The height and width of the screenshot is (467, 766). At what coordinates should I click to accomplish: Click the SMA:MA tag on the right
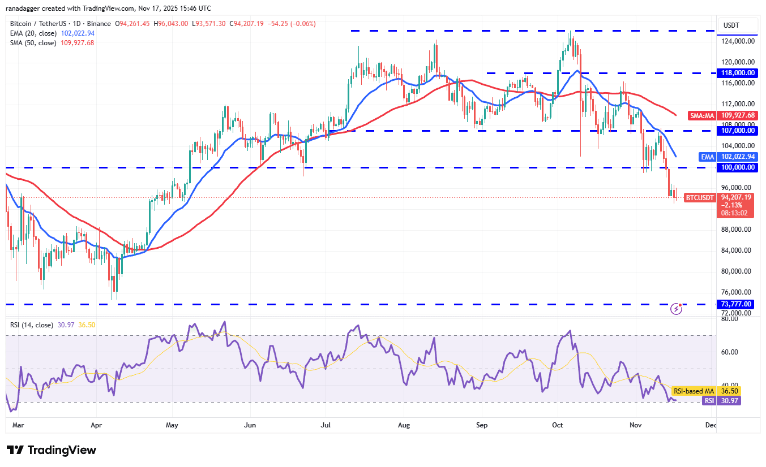[702, 115]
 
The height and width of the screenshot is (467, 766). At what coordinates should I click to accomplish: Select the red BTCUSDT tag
[700, 197]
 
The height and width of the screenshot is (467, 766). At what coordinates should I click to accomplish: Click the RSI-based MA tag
[693, 391]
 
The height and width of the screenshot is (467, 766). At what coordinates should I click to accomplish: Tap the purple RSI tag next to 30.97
[708, 400]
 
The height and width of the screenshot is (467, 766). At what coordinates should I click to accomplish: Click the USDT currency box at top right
[735, 25]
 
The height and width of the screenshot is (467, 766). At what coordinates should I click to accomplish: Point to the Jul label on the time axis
[326, 424]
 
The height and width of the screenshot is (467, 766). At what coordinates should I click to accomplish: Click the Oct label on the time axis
[558, 424]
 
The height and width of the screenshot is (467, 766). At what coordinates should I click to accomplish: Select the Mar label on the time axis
[18, 424]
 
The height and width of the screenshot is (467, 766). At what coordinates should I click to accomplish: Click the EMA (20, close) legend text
[33, 33]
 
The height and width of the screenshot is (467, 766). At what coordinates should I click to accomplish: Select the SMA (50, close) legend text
[33, 42]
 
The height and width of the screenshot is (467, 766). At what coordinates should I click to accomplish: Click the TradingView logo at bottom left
[52, 450]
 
